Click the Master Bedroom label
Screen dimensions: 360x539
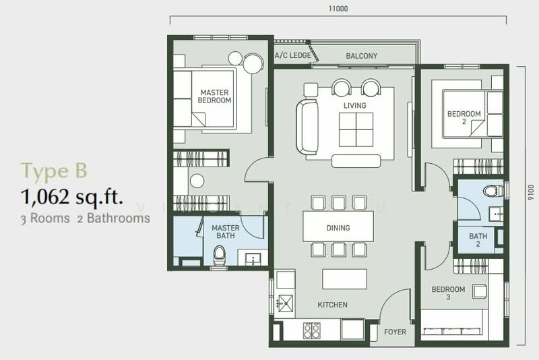pos(214,96)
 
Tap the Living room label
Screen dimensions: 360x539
pos(354,106)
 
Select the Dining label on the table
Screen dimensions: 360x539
pos(338,228)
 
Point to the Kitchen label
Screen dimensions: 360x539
pos(333,305)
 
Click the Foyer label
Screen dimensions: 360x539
pos(395,332)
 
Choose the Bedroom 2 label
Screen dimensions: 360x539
pos(464,119)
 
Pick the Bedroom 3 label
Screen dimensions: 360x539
pos(448,294)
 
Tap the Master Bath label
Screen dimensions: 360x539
pos(226,232)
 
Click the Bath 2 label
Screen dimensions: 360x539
pos(478,241)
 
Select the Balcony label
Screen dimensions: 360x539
pos(361,56)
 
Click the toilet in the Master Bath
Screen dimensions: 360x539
pos(220,255)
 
